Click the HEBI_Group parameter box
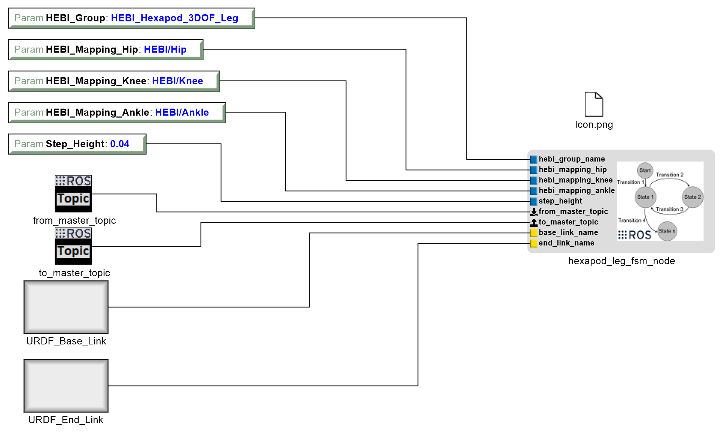click(131, 18)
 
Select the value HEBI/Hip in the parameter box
click(165, 49)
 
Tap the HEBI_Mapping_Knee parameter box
click(113, 81)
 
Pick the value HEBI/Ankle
click(182, 112)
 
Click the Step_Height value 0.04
click(120, 144)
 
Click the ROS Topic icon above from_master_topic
click(73, 194)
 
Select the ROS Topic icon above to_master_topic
click(73, 246)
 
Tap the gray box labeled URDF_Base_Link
click(66, 307)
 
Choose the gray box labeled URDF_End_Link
click(66, 386)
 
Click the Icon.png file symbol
click(594, 105)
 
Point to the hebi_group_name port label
click(572, 159)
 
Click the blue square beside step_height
click(534, 202)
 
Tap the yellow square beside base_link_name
click(534, 233)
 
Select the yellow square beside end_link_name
click(534, 244)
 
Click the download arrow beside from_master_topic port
click(534, 212)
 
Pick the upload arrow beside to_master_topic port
click(534, 223)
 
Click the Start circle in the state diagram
click(645, 170)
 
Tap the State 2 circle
click(693, 197)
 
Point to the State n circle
click(667, 231)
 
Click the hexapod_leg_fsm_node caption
click(621, 261)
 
